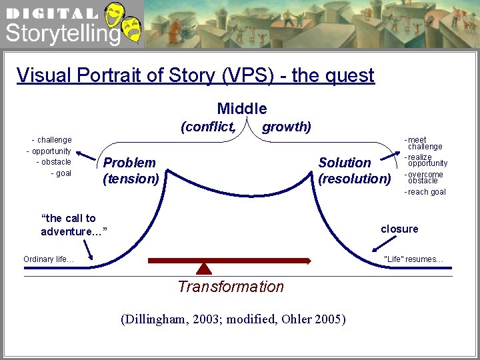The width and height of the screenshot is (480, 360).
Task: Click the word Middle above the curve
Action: tap(241, 109)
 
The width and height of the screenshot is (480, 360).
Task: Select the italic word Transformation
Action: tap(231, 287)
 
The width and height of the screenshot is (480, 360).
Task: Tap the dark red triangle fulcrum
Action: tap(204, 268)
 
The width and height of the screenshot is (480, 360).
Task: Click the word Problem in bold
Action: tap(129, 163)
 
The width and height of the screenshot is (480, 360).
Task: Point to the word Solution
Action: tap(345, 163)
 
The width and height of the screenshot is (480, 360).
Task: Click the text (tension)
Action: tap(131, 179)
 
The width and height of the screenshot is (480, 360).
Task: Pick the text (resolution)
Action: tap(355, 179)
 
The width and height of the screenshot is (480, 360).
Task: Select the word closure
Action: tap(399, 229)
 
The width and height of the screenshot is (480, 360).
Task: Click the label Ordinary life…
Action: tap(49, 259)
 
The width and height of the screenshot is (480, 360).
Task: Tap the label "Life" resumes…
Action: tap(414, 259)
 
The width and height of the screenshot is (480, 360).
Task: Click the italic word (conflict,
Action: tap(208, 127)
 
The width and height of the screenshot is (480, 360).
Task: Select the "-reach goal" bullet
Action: tap(425, 192)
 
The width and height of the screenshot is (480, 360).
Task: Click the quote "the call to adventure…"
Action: tap(72, 225)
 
